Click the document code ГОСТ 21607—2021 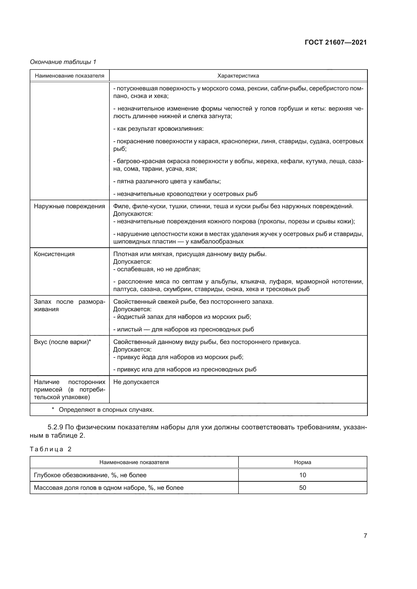pyautogui.click(x=336, y=42)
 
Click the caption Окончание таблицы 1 pyautogui.click(x=63, y=62)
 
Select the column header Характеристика pyautogui.click(x=238, y=76)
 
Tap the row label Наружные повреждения pyautogui.click(x=69, y=206)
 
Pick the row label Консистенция pyautogui.click(x=54, y=254)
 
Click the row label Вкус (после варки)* pyautogui.click(x=62, y=342)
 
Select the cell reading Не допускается pyautogui.click(x=136, y=382)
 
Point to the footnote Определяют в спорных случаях pyautogui.click(x=106, y=410)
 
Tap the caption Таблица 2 pyautogui.click(x=51, y=449)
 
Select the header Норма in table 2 pyautogui.click(x=303, y=462)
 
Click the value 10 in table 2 pyautogui.click(x=303, y=475)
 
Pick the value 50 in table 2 pyautogui.click(x=303, y=488)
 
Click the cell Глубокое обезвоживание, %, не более pyautogui.click(x=90, y=475)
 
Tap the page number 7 pyautogui.click(x=365, y=536)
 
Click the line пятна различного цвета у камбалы pyautogui.click(x=167, y=181)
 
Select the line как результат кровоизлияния pyautogui.click(x=158, y=129)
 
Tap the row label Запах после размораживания pyautogui.click(x=69, y=305)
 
